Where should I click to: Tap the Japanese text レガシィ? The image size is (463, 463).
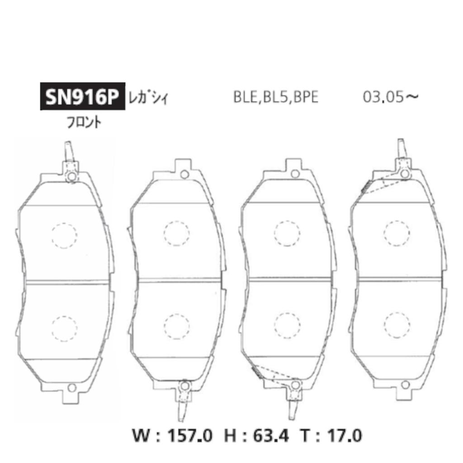tap(148, 97)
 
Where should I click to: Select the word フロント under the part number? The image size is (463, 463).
tap(84, 123)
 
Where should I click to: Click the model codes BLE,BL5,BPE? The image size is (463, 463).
tap(276, 97)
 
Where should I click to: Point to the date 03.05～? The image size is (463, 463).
tap(391, 97)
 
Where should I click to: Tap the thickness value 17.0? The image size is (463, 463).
tap(342, 436)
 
